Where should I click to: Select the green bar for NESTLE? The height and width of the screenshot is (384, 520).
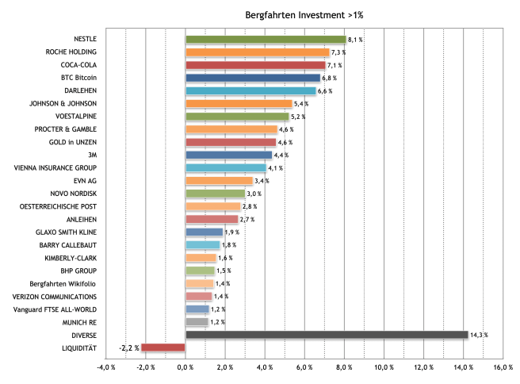click(266, 39)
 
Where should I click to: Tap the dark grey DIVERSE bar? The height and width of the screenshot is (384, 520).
click(327, 335)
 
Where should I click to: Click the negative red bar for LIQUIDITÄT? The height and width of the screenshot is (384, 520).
click(163, 348)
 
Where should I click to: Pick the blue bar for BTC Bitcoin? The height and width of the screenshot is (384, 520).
click(253, 78)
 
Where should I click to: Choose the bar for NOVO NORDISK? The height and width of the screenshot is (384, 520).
click(215, 194)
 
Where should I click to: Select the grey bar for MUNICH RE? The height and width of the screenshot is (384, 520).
click(197, 322)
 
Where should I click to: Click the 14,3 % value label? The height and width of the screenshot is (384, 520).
click(479, 335)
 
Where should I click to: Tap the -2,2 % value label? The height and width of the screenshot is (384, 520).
click(129, 348)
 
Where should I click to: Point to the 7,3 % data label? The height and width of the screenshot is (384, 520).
click(338, 52)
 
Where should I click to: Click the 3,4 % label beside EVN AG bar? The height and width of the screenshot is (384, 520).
click(262, 181)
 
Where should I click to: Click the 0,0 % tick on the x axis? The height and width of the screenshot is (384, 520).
click(185, 367)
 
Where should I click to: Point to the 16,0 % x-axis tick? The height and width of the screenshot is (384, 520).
click(503, 367)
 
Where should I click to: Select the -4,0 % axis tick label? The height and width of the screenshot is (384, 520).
click(105, 367)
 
